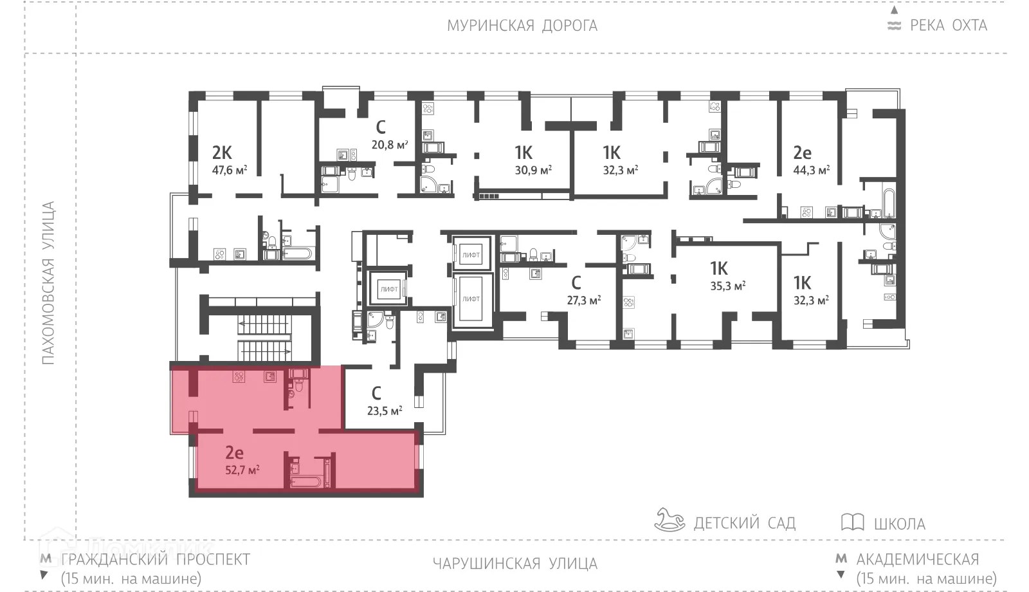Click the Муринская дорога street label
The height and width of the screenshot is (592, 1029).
(x=522, y=26)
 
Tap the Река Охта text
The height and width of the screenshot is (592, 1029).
(x=948, y=26)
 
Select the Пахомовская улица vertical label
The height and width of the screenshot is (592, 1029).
(x=49, y=283)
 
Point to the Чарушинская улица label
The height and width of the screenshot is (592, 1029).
(x=514, y=564)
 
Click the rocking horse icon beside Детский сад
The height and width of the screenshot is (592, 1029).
(x=669, y=520)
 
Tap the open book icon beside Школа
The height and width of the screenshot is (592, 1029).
(x=852, y=522)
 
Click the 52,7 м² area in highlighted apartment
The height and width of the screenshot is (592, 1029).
(x=242, y=470)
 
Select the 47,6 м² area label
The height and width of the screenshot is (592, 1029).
(x=230, y=171)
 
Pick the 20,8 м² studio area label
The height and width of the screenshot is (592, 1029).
(x=390, y=145)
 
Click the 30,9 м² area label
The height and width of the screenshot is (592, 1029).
(x=533, y=171)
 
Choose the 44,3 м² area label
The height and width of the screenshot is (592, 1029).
(x=811, y=171)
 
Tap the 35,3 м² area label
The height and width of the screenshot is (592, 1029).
(x=727, y=286)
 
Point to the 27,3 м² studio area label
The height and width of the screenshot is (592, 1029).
(x=583, y=300)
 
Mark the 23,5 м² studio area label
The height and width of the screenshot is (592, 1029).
(x=385, y=411)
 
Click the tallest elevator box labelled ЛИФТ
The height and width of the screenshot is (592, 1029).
(x=471, y=300)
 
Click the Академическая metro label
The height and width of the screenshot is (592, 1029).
(x=917, y=559)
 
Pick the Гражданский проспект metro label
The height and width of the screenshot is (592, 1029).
(x=155, y=559)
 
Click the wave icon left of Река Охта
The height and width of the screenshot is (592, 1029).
(x=894, y=26)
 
